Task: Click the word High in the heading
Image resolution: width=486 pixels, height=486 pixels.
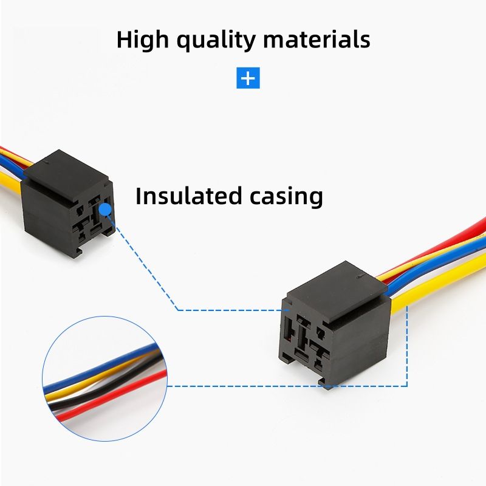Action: (x=140, y=39)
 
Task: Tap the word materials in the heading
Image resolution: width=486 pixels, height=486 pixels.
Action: (x=317, y=39)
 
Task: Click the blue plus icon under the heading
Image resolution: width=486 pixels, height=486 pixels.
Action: (x=248, y=78)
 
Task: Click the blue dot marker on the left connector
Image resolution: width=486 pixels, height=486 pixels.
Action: (x=106, y=210)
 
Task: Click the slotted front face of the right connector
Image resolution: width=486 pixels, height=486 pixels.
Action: (x=310, y=340)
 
